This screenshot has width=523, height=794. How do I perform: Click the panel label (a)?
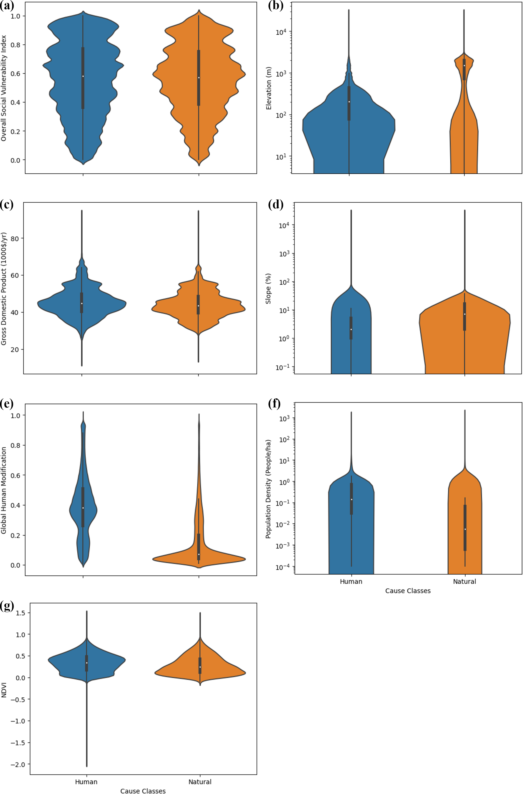(x=6, y=7)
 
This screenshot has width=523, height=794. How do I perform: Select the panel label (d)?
(x=276, y=204)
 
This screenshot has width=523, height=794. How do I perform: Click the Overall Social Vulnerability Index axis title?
(x=4, y=88)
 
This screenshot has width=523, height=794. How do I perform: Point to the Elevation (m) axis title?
(x=269, y=88)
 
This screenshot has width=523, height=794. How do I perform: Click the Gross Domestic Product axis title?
(x=4, y=288)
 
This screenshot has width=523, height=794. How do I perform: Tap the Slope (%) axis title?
(x=268, y=288)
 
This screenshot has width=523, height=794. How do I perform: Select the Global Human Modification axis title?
(x=4, y=491)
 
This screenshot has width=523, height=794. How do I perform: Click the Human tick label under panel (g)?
(x=86, y=782)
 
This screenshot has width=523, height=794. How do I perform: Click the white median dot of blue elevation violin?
(x=349, y=102)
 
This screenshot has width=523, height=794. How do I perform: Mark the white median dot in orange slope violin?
(x=464, y=314)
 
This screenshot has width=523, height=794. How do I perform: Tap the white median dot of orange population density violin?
(x=465, y=529)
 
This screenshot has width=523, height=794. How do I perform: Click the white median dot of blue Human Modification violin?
(x=83, y=508)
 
